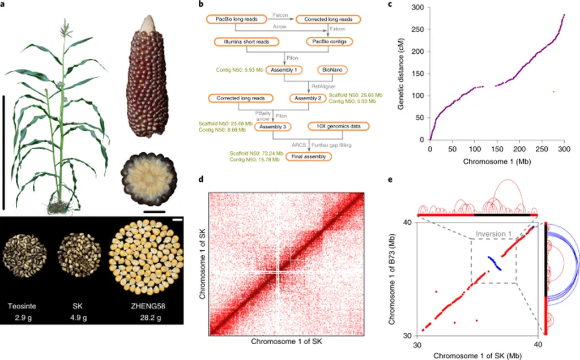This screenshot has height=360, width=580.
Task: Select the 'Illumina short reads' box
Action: pyautogui.click(x=246, y=41)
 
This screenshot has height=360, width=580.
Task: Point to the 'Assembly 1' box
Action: pyautogui.click(x=286, y=70)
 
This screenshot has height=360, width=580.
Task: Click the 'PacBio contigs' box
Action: pyautogui.click(x=329, y=41)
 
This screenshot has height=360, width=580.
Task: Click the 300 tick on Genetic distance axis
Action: pyautogui.click(x=420, y=7)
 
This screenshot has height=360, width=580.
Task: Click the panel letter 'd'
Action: pyautogui.click(x=202, y=179)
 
